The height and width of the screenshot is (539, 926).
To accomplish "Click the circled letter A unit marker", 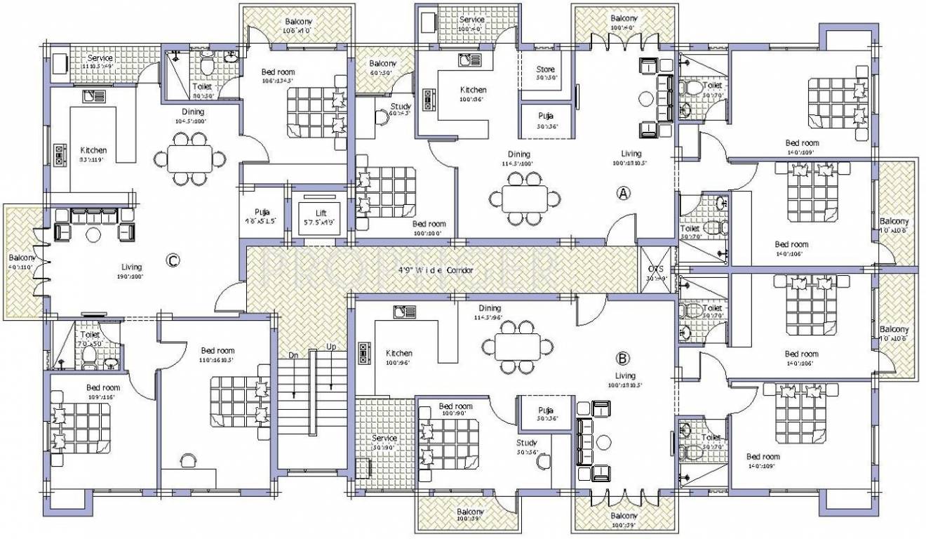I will pos(622,193).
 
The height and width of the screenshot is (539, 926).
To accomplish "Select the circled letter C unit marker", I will pos(173,260).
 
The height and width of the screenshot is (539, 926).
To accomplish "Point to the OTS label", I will pos(655,269).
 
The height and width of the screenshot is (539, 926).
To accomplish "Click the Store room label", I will pos(545,69).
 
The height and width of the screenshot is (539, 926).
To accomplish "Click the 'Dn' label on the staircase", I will pos(294,356).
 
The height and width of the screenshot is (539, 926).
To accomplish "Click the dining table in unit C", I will pos(189,159).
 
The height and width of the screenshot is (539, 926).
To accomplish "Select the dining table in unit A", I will pos(524,197).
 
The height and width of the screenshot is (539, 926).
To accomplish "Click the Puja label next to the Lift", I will pos(262,212).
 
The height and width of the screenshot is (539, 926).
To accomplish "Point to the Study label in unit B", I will pos(526,443).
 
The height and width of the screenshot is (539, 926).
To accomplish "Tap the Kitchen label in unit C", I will pos(93,150).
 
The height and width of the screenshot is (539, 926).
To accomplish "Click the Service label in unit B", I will pos(384,438).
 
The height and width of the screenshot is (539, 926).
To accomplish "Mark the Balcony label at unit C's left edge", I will pos(22,258).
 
